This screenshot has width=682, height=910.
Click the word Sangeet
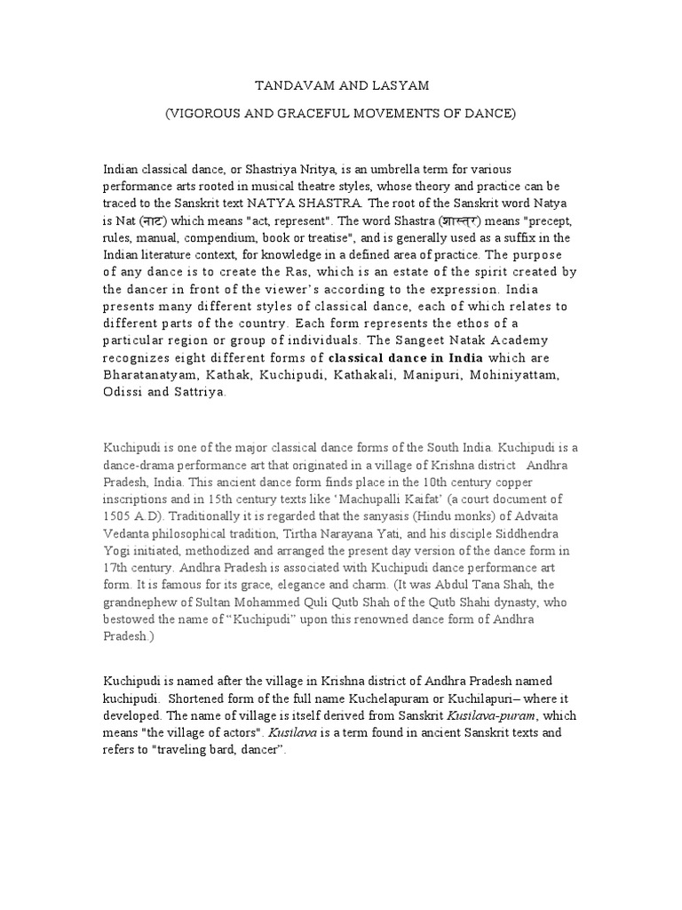click(x=420, y=340)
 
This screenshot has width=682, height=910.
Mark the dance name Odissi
click(x=123, y=392)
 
